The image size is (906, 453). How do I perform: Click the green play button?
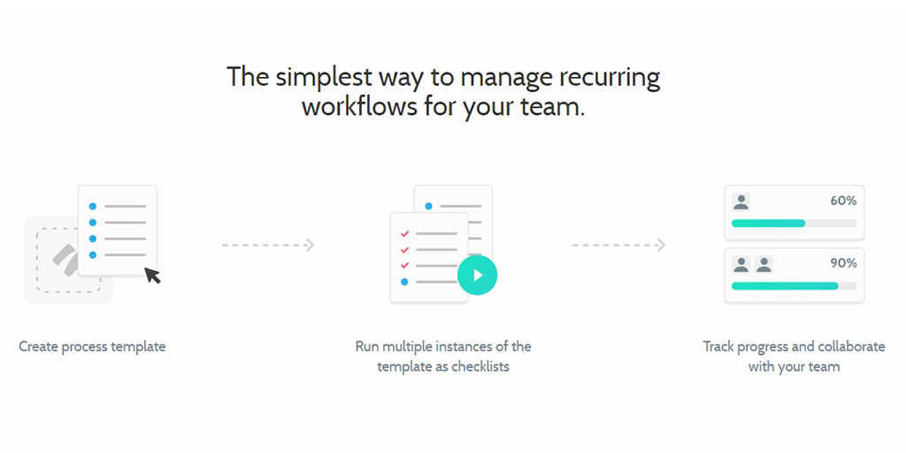tap(477, 275)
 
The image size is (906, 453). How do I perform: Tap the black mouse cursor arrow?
tap(152, 275)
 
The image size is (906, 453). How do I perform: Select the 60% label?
tap(843, 201)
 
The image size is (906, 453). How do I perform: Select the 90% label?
tap(843, 264)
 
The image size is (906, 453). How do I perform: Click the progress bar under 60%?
tap(794, 223)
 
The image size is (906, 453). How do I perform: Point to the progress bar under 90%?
tap(794, 286)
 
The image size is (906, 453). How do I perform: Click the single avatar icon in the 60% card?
tap(741, 202)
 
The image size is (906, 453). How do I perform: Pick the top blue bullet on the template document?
tap(92, 206)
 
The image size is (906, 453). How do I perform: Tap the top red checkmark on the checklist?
tap(404, 234)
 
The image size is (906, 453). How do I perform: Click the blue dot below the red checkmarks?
tap(404, 282)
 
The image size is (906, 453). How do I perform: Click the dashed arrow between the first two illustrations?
tap(268, 245)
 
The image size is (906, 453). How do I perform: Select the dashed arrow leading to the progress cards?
tap(618, 245)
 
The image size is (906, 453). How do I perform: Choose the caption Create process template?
tap(92, 347)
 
